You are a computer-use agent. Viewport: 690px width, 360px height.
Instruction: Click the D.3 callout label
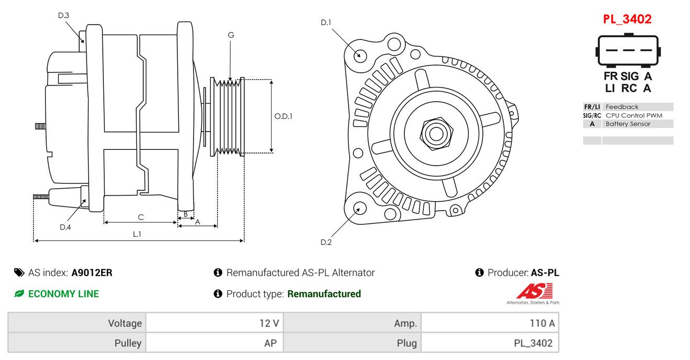[x=63, y=15]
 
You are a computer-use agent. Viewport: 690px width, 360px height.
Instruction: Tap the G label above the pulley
[x=231, y=35]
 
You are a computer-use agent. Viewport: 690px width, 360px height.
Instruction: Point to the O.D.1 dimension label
[x=283, y=116]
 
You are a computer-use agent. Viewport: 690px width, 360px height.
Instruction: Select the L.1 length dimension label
[x=137, y=234]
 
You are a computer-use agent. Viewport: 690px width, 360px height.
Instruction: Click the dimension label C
[x=141, y=217]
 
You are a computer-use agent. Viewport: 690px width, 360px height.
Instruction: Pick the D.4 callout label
[x=66, y=227]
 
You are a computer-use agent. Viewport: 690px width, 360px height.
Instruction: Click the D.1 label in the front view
[x=326, y=23]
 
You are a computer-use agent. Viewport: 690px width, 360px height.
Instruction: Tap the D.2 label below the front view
[x=326, y=243]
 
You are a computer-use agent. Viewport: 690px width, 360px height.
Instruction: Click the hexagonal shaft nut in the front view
[x=436, y=134]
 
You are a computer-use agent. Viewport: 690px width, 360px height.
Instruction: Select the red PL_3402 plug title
[x=627, y=19]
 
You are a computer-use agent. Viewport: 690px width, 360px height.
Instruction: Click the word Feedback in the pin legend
[x=622, y=107]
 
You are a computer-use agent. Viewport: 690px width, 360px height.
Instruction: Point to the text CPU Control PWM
[x=633, y=115]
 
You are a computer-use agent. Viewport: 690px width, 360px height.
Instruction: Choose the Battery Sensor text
[x=628, y=124]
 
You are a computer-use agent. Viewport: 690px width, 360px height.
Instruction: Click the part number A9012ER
[x=92, y=272]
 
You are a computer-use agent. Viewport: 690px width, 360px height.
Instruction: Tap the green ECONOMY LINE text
[x=63, y=294]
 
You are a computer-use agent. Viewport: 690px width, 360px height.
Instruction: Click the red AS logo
[x=535, y=291]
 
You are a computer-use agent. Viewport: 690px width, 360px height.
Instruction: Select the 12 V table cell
[x=269, y=323]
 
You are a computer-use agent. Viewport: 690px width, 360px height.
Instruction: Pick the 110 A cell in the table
[x=542, y=323]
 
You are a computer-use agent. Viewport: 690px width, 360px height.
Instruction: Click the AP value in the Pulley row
[x=270, y=343]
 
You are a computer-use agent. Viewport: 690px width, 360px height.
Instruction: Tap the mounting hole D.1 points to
[x=360, y=56]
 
